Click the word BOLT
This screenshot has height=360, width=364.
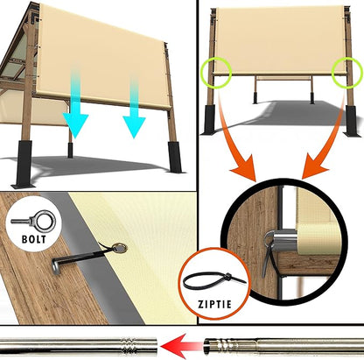click(34, 239)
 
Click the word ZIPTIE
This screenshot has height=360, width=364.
click(214, 304)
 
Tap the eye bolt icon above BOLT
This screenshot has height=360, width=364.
click(33, 221)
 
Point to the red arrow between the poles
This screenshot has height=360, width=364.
click(181, 347)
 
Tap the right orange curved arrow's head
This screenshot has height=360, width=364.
click(316, 166)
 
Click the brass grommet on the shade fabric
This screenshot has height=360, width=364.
click(120, 248)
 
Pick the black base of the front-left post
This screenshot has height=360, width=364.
click(25, 164)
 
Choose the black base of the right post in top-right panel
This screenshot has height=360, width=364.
click(352, 121)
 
